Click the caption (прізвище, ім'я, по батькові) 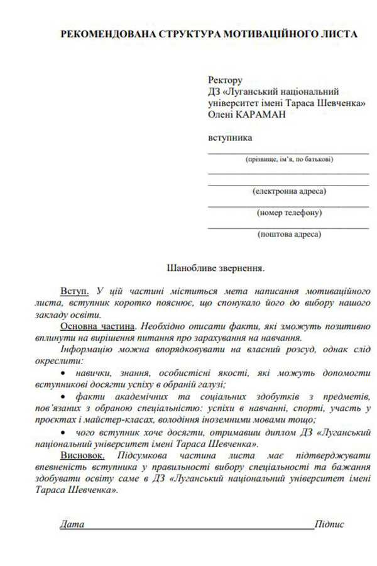pos(289,160)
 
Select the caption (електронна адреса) pos(289,191)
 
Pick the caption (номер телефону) pos(289,213)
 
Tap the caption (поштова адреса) pos(289,235)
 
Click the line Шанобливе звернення pos(215,267)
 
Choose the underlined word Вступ pos(74,292)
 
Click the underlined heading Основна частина pos(97,326)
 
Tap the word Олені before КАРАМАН pos(221,114)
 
